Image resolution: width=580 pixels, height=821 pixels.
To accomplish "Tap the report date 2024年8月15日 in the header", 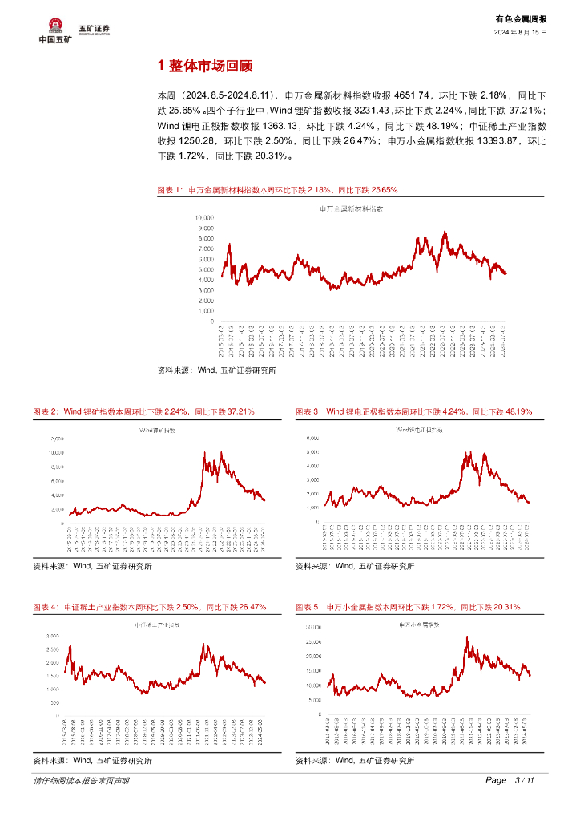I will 520,32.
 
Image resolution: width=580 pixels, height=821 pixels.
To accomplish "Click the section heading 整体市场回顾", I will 212,66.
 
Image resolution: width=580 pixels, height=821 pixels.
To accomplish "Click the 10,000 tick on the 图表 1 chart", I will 203,217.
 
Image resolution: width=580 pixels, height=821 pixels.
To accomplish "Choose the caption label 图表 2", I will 45,411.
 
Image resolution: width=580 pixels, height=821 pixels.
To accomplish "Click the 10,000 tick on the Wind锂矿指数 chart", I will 55,453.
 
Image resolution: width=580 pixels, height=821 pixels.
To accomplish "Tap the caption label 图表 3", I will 308,411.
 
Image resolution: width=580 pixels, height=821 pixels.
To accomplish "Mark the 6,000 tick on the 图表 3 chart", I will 312,439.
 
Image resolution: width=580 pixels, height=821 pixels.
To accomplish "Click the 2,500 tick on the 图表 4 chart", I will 52,649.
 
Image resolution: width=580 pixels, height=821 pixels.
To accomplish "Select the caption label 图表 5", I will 308,607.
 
